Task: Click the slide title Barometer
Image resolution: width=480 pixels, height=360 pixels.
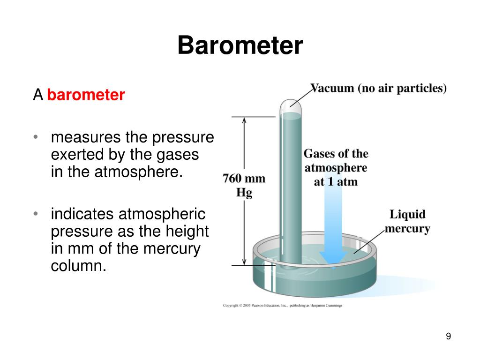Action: [240, 46]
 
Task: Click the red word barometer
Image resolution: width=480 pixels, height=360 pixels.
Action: [86, 95]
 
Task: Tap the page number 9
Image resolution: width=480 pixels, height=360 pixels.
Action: [448, 337]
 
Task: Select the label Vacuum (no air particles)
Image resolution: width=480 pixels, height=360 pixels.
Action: [378, 89]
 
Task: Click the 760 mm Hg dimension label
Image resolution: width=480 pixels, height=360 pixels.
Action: [244, 186]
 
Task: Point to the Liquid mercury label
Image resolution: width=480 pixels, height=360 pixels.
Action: [407, 222]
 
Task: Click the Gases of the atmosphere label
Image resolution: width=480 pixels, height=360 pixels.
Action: [336, 167]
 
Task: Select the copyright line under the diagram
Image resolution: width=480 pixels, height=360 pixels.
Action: [282, 305]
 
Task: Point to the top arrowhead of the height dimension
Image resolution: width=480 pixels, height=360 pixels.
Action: [244, 120]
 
